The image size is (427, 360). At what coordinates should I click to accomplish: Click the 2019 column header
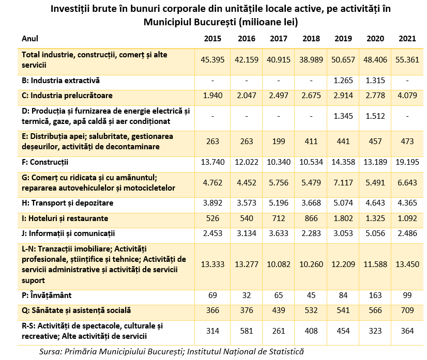pyautogui.click(x=343, y=39)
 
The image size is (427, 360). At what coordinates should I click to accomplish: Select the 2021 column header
pyautogui.click(x=407, y=39)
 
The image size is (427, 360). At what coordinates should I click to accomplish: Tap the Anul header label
pyautogui.click(x=30, y=39)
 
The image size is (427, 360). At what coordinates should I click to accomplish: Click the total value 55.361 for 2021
pyautogui.click(x=407, y=59)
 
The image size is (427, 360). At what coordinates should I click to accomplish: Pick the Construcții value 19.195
pyautogui.click(x=407, y=163)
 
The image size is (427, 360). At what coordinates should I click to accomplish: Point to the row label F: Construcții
pyautogui.click(x=45, y=163)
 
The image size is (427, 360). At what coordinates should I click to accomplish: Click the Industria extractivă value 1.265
pyautogui.click(x=343, y=81)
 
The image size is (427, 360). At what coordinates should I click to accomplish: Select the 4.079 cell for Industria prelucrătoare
pyautogui.click(x=407, y=96)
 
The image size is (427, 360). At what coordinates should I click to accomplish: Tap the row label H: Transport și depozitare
pyautogui.click(x=67, y=204)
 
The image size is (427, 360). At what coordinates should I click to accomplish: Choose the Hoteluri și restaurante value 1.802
pyautogui.click(x=343, y=218)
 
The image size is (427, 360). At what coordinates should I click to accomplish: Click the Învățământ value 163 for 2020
pyautogui.click(x=375, y=295)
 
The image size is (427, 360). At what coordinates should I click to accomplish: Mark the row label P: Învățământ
pyautogui.click(x=46, y=295)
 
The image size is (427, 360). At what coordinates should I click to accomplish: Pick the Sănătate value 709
pyautogui.click(x=407, y=311)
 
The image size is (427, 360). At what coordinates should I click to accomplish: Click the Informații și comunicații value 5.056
pyautogui.click(x=375, y=234)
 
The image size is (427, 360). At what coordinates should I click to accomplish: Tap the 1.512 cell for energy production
pyautogui.click(x=375, y=116)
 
